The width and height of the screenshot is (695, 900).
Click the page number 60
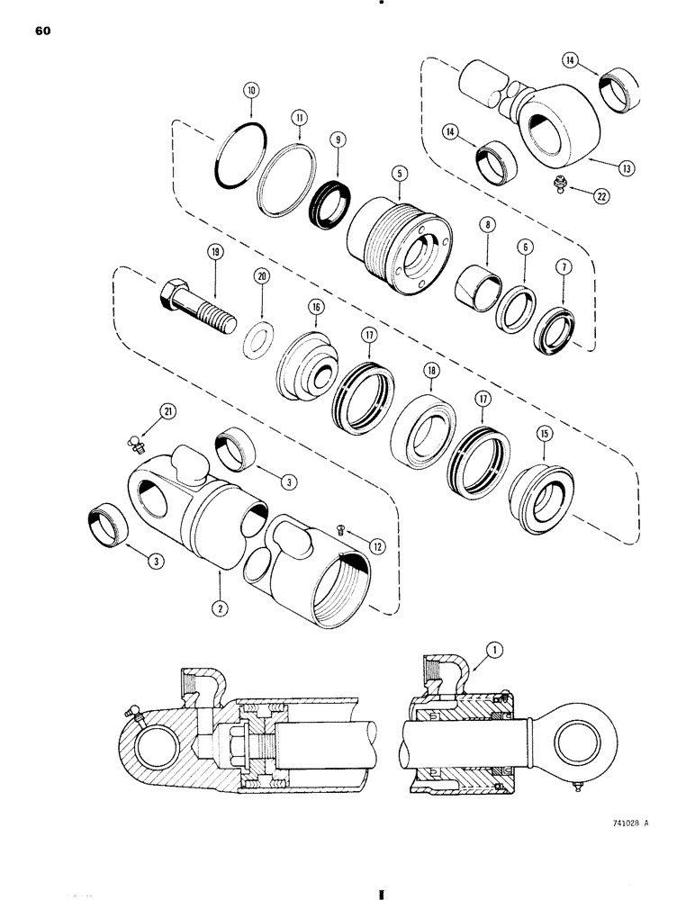click(45, 31)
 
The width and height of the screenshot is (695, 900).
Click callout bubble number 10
click(251, 91)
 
